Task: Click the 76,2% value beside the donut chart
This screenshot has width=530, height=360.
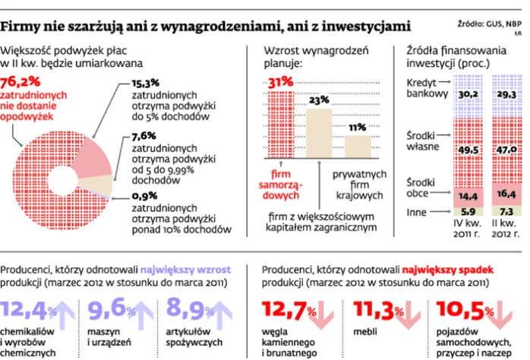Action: [22, 82]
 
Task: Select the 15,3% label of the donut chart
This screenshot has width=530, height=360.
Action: [146, 82]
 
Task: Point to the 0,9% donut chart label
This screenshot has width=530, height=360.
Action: [145, 195]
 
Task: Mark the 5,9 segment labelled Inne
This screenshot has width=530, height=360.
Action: [468, 213]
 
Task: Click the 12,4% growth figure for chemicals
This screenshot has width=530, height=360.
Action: [27, 309]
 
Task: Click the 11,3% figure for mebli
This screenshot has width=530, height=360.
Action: [371, 309]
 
